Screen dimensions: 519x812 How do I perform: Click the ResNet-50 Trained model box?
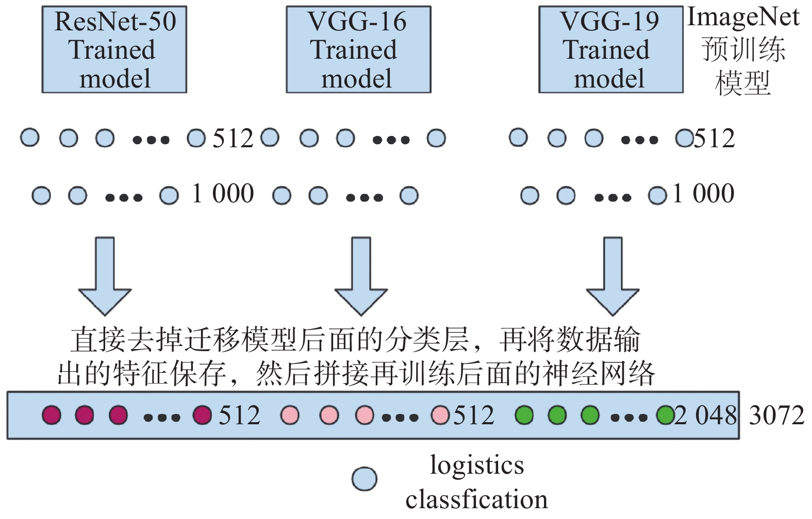[x=114, y=49]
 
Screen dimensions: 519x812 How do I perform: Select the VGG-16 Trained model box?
[x=358, y=49]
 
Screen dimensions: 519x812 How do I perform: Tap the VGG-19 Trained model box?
[x=610, y=49]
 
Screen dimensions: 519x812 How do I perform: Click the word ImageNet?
[x=743, y=17]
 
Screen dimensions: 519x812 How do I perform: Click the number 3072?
[x=776, y=416]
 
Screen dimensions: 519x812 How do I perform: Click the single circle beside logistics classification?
[x=364, y=479]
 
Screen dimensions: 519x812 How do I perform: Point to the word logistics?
[x=477, y=465]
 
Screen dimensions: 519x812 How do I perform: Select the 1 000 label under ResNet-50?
[x=223, y=194]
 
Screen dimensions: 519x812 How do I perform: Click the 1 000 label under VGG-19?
[x=703, y=194]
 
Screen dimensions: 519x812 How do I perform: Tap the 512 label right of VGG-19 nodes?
[x=714, y=139]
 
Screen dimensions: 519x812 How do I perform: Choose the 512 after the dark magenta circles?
[x=239, y=416]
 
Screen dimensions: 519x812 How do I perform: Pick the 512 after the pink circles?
[x=473, y=416]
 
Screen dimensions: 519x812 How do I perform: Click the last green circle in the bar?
[x=665, y=415]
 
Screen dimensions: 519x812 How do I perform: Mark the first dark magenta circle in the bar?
[x=52, y=415]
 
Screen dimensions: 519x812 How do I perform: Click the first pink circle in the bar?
[x=290, y=415]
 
